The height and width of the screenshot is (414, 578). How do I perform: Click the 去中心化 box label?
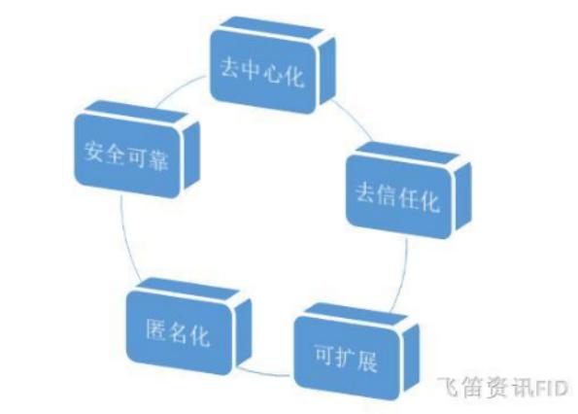point(262,72)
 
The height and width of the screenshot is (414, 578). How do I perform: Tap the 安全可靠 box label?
point(126,155)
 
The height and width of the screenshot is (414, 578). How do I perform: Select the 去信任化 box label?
point(397,197)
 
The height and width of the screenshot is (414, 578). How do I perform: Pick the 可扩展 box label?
point(346,358)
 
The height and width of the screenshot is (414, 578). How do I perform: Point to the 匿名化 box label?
point(178,332)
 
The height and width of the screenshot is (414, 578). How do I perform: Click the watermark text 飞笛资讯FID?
point(503,387)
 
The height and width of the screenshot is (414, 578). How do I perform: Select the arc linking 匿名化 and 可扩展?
point(263,373)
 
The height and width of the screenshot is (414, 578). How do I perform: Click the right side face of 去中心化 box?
point(327,70)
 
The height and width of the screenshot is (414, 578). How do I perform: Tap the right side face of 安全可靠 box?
point(191,155)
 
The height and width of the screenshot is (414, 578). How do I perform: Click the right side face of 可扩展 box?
point(411,357)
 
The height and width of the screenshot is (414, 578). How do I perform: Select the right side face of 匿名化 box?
point(244,331)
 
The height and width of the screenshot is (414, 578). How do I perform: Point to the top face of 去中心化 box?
point(272,27)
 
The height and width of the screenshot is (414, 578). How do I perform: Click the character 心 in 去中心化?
point(273,73)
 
